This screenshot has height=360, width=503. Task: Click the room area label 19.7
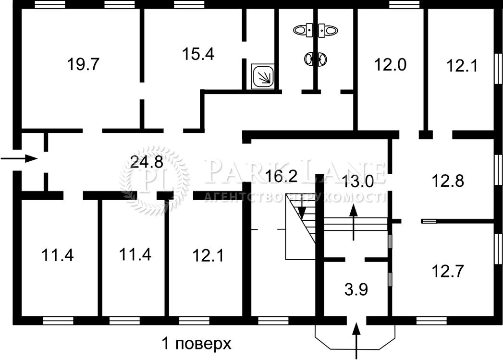click(x=84, y=64)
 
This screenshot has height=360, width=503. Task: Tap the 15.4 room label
click(x=198, y=54)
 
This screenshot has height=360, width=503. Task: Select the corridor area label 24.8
click(x=147, y=163)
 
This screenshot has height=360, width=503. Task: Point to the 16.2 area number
click(x=282, y=176)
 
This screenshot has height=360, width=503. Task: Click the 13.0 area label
click(x=358, y=181)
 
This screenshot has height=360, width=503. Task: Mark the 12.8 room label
click(x=448, y=181)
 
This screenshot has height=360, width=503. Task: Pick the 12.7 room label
click(x=448, y=271)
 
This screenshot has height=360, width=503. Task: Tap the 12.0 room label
click(x=391, y=64)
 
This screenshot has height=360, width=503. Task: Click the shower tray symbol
click(x=263, y=76)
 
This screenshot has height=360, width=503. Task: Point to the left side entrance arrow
click(x=19, y=158)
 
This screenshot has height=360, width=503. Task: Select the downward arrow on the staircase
click(x=302, y=210)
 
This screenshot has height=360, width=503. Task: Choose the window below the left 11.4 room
click(x=58, y=321)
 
